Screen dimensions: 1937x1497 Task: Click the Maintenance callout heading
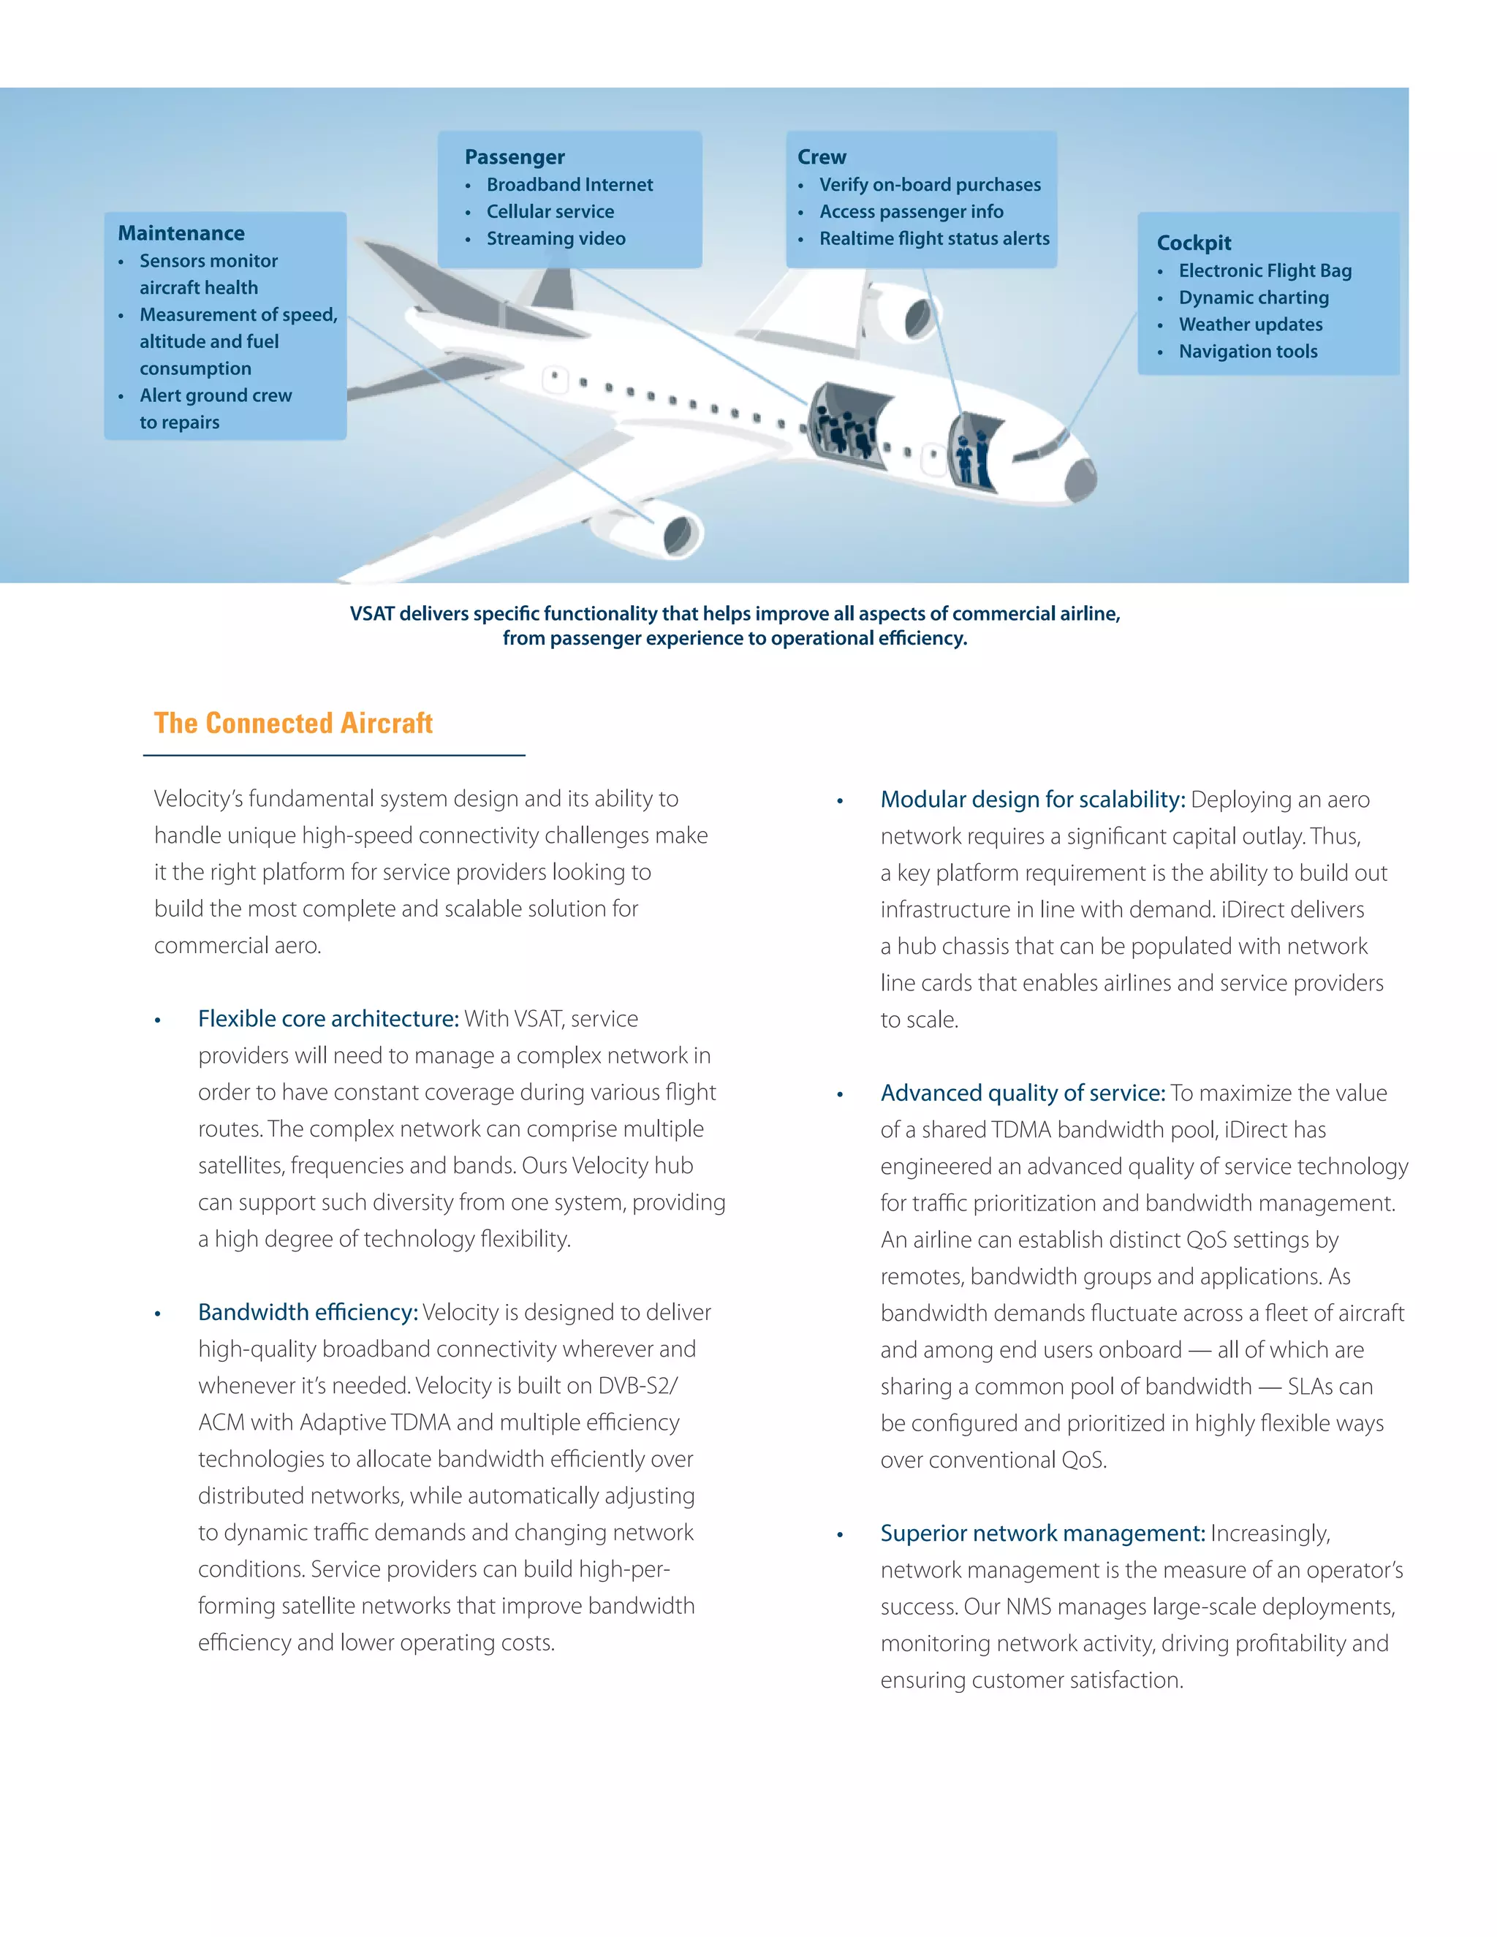181,233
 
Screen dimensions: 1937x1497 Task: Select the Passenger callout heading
515,157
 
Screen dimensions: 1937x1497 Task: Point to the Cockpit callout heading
1194,243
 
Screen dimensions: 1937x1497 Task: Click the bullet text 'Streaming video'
556,238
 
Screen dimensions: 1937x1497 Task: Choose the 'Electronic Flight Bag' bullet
1265,270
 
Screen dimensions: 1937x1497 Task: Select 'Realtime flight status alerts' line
934,238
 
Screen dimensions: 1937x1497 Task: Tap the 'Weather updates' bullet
1251,325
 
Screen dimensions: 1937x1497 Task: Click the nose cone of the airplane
1081,479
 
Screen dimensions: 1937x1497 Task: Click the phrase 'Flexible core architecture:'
328,1019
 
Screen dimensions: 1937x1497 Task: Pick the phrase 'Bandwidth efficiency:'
308,1313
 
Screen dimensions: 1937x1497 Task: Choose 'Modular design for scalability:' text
1032,800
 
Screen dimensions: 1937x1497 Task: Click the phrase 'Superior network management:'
1042,1534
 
